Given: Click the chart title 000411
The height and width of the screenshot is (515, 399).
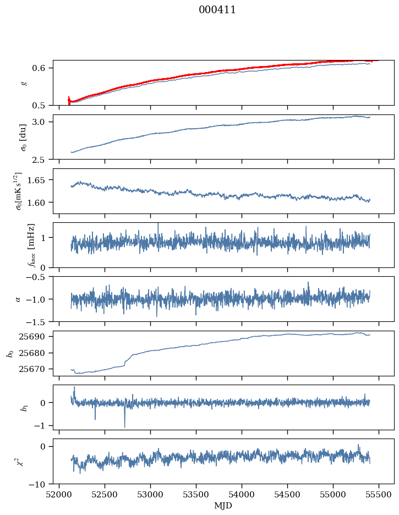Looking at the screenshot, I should click(217, 10).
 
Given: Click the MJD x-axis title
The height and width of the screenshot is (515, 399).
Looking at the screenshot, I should click(223, 506).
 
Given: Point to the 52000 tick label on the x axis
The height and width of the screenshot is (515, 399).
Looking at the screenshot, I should click(59, 494).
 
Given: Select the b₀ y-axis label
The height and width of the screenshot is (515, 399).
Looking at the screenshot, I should click(9, 353).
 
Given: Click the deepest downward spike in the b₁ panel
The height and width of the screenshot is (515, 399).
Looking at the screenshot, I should click(124, 426).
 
